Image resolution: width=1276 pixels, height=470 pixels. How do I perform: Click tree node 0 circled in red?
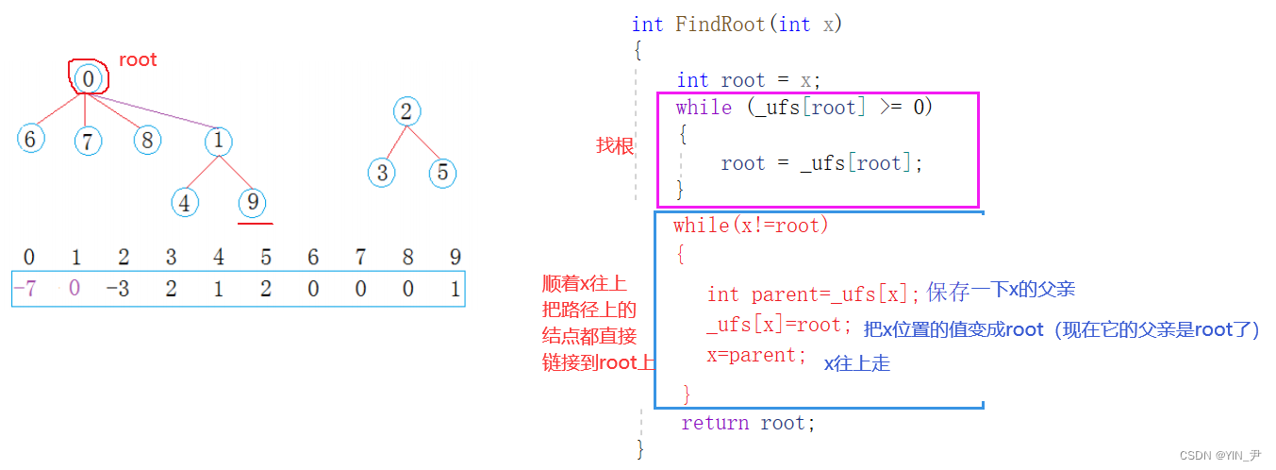coord(88,79)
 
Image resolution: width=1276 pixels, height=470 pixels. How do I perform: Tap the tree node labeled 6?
coord(30,140)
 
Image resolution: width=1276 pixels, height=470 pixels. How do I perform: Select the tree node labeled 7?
coord(88,142)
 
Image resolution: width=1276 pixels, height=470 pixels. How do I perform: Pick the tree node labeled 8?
coord(146,141)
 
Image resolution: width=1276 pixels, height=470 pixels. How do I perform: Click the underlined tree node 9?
coord(252,202)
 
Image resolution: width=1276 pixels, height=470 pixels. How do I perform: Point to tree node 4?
coord(186,202)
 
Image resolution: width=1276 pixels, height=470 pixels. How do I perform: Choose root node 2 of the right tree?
coord(406,112)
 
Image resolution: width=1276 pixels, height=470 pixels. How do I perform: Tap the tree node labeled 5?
coord(442,173)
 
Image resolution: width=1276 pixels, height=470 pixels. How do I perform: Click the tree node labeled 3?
coord(381,173)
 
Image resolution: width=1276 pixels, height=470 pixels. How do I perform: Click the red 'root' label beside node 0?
coord(138,60)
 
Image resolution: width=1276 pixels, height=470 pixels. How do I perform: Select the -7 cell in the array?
coord(29,289)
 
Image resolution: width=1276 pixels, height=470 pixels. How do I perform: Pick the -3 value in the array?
coord(119,289)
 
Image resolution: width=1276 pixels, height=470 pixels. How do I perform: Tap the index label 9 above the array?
coord(456,258)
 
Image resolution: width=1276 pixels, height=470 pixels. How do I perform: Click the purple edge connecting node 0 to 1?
coord(156,110)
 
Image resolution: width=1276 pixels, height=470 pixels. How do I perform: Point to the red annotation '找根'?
coord(613,145)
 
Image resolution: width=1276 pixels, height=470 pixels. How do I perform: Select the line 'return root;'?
coord(748,423)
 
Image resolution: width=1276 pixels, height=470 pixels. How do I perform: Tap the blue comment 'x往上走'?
coord(856,363)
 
